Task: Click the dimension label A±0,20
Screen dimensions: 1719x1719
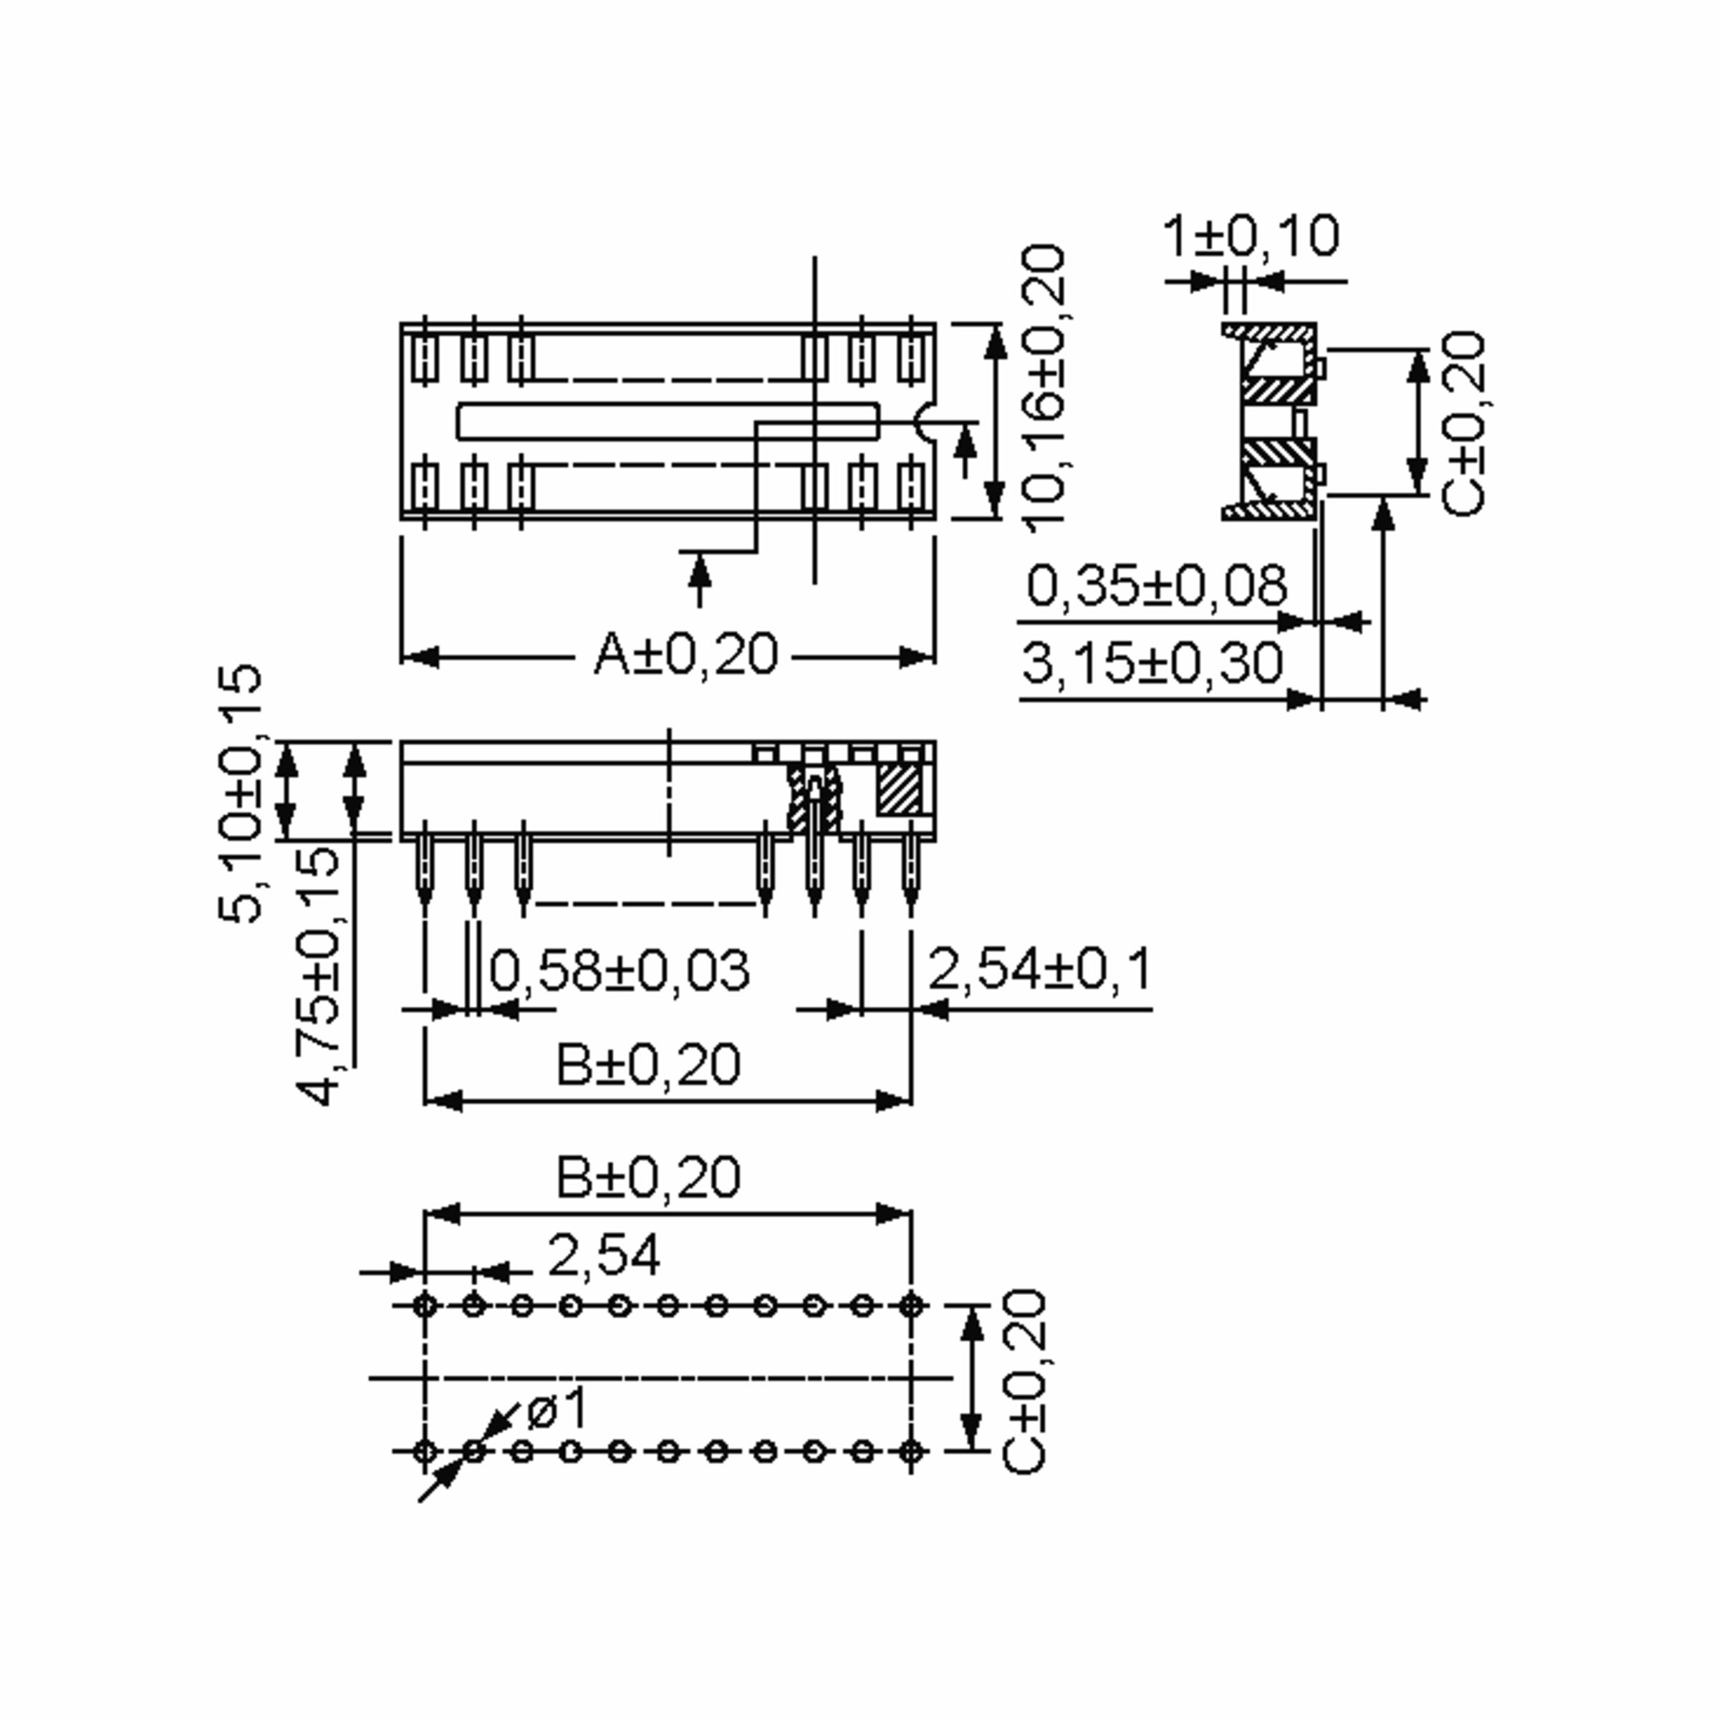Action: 685,656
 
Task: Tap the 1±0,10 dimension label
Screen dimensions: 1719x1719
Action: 1250,236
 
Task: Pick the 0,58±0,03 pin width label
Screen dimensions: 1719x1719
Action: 620,970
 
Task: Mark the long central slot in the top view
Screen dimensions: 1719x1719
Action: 668,421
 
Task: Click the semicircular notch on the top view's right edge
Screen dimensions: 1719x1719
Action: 926,421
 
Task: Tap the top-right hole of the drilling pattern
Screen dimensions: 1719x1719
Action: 910,1306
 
